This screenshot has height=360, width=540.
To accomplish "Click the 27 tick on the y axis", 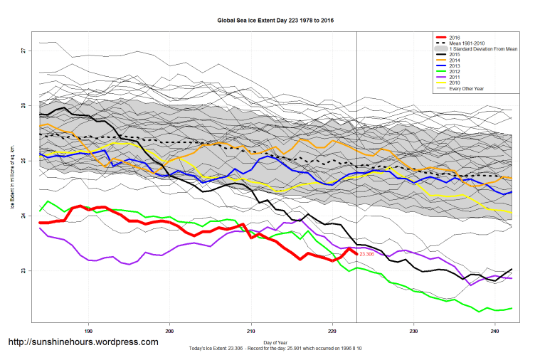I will coord(23,51).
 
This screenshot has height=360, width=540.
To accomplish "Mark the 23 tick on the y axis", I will coord(23,271).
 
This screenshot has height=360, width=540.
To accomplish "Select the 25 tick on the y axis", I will coord(23,161).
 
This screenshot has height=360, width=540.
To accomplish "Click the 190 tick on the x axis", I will coord(88,331).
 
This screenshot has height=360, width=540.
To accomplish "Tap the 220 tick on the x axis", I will coord(332,331).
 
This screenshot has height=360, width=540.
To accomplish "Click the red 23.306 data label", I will coord(367,254).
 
